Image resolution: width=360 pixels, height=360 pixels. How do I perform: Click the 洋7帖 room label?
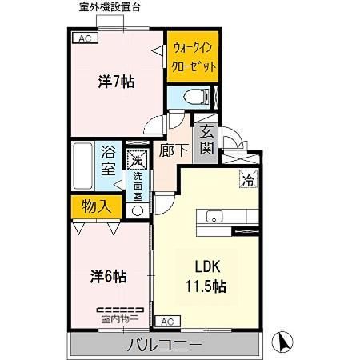tap(116, 82)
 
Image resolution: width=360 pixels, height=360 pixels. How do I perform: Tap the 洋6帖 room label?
tap(107, 276)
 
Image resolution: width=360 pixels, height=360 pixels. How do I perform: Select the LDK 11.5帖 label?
tap(206, 276)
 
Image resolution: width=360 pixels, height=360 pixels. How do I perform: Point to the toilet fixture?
tap(192, 96)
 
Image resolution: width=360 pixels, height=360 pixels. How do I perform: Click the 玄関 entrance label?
tap(206, 141)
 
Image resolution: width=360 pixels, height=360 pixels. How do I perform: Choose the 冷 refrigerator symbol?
tap(248, 180)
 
